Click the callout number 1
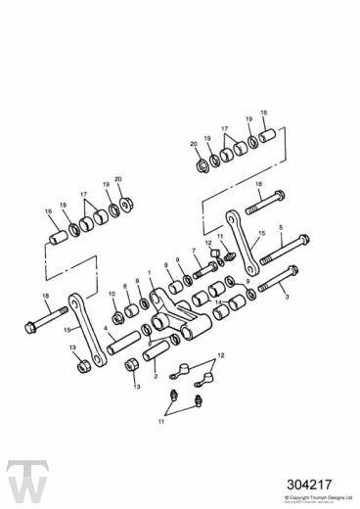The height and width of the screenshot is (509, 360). pos(149,274)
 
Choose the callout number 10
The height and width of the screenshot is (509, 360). pos(112,294)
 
